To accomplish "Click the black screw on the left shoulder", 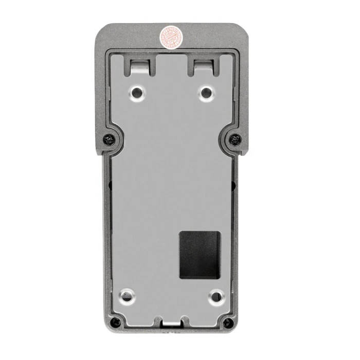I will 107,138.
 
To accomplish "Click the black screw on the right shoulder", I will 235,138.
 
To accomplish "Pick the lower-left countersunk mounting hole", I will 125,296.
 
